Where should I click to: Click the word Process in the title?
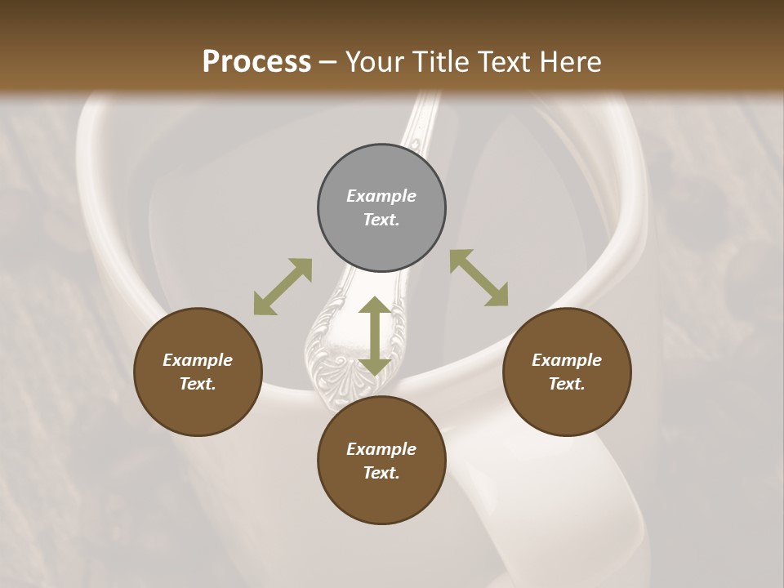[x=256, y=62]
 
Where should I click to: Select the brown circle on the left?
[x=198, y=408]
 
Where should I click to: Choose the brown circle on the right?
[x=567, y=408]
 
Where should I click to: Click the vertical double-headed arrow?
[x=375, y=336]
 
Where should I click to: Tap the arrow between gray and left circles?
[x=283, y=287]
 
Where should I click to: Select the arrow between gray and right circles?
[x=479, y=278]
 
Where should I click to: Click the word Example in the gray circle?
[x=381, y=196]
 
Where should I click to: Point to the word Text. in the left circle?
[x=198, y=384]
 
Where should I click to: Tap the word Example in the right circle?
[x=567, y=360]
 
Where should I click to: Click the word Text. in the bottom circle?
[x=381, y=473]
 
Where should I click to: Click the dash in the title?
[x=328, y=62]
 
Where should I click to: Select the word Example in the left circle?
[x=198, y=360]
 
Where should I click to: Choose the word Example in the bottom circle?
[x=381, y=449]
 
